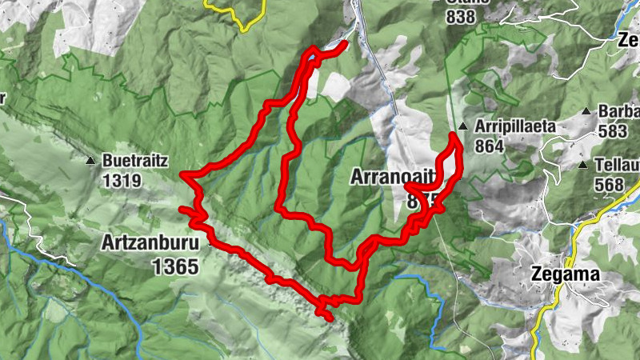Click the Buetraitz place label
pos(134,161)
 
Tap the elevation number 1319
pos(122,180)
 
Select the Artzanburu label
pos(150,242)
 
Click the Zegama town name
pos(566,275)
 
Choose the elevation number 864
pos(489,146)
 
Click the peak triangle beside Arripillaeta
pos(463,126)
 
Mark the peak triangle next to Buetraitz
pos(90,161)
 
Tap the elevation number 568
pos(610,184)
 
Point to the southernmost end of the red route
pos(330,318)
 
